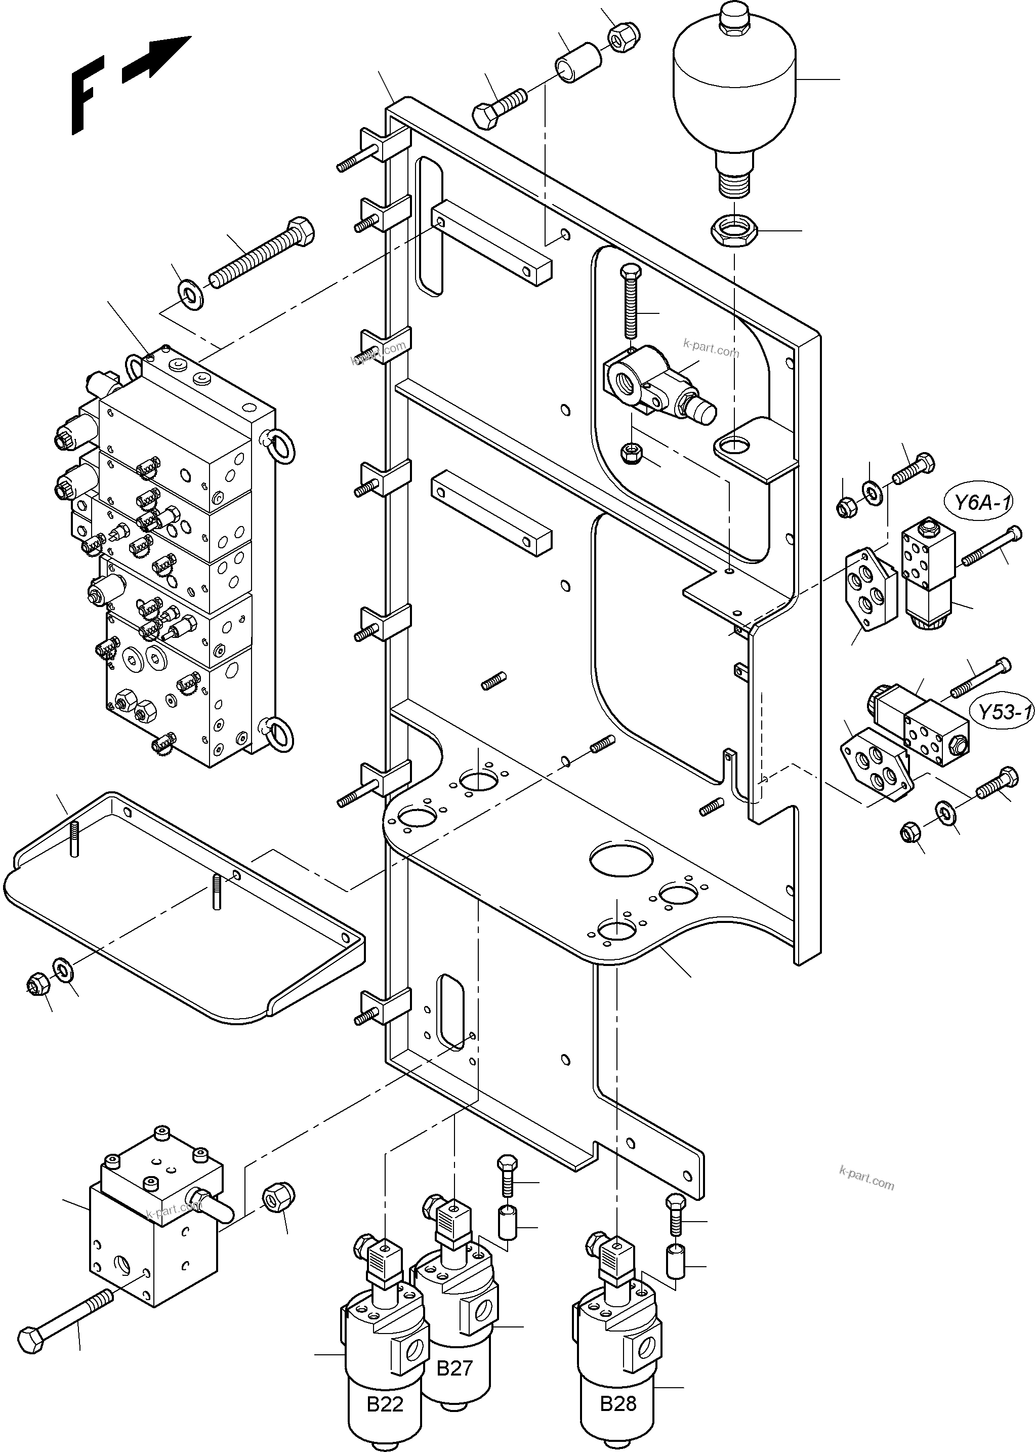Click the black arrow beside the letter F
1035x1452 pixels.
156,59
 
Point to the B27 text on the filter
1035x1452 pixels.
454,1368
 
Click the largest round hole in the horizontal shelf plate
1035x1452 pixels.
622,858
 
